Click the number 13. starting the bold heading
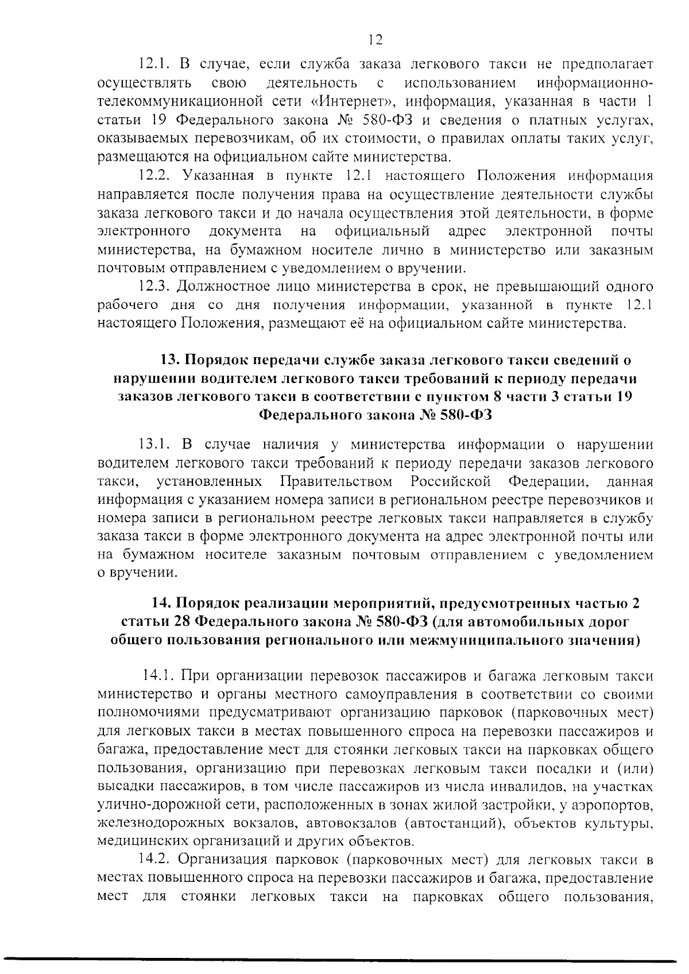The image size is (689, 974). click(x=171, y=360)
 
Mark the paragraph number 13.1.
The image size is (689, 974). click(x=153, y=444)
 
